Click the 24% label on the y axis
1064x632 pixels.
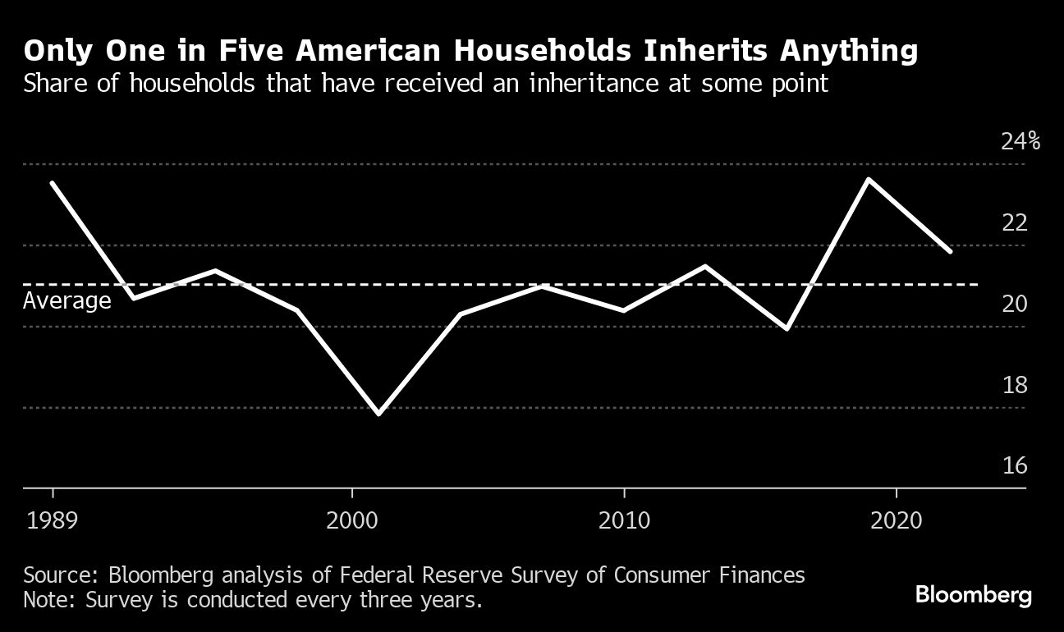coord(1020,142)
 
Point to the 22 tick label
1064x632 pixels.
coord(1015,222)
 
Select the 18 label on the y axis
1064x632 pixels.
coord(1015,385)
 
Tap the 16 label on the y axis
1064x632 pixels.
coord(1015,465)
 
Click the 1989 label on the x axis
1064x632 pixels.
coord(53,520)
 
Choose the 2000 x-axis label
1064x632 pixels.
coord(351,520)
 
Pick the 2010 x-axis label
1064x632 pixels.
coord(624,520)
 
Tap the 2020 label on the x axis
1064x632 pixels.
coord(896,520)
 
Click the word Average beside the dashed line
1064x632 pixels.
coord(66,301)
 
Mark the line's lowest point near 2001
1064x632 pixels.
coord(378,414)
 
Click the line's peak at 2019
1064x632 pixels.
coord(869,179)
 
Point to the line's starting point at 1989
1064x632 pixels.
coord(53,183)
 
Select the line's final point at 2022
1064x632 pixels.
coord(950,251)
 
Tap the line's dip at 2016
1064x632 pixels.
coord(787,328)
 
